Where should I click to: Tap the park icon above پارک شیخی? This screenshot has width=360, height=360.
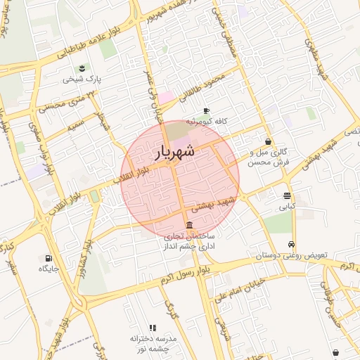[82, 68]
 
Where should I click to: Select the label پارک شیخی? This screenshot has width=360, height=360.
[82, 79]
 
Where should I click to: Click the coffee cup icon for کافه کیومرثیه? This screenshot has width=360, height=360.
[206, 110]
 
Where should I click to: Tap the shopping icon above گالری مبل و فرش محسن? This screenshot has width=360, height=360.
[269, 141]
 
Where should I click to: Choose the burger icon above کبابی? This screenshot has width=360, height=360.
[287, 196]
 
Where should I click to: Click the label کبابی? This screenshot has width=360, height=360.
[287, 207]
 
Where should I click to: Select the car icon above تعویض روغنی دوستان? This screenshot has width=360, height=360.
[292, 245]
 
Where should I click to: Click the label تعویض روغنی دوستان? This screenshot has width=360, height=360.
[291, 256]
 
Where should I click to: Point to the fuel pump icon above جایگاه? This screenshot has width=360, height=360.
[49, 258]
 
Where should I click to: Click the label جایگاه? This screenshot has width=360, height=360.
[49, 269]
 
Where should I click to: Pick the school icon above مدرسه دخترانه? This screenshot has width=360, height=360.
[153, 328]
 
